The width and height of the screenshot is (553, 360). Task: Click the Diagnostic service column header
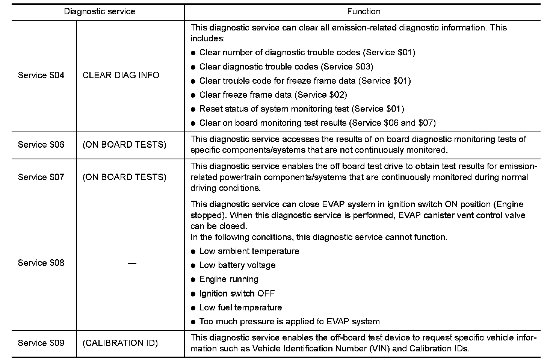pyautogui.click(x=99, y=11)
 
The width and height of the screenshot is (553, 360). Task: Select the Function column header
pyautogui.click(x=364, y=11)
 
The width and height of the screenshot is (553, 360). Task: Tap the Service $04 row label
pyautogui.click(x=41, y=75)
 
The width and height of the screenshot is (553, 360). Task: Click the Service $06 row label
pyautogui.click(x=41, y=145)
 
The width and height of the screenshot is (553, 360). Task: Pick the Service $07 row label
pyautogui.click(x=41, y=177)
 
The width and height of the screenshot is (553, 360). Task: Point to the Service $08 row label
pyautogui.click(x=41, y=263)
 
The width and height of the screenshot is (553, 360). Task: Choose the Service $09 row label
pyautogui.click(x=41, y=343)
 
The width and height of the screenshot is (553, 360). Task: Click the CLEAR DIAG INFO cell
pyautogui.click(x=121, y=75)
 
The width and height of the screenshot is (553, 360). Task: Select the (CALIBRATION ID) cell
pyautogui.click(x=120, y=343)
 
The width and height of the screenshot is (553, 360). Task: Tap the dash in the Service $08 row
pyautogui.click(x=131, y=263)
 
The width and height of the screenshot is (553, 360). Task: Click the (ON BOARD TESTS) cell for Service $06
pyautogui.click(x=124, y=145)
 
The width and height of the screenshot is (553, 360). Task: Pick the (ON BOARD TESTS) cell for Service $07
pyautogui.click(x=124, y=177)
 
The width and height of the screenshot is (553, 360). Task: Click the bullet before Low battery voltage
pyautogui.click(x=193, y=266)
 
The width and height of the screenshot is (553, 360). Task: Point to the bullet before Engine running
pyautogui.click(x=193, y=280)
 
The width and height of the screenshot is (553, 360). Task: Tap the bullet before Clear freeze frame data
pyautogui.click(x=193, y=95)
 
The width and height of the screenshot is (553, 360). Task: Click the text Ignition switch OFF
pyautogui.click(x=237, y=293)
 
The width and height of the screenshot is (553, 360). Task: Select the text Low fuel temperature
pyautogui.click(x=240, y=307)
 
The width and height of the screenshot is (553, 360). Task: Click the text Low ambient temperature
pyautogui.click(x=249, y=251)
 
